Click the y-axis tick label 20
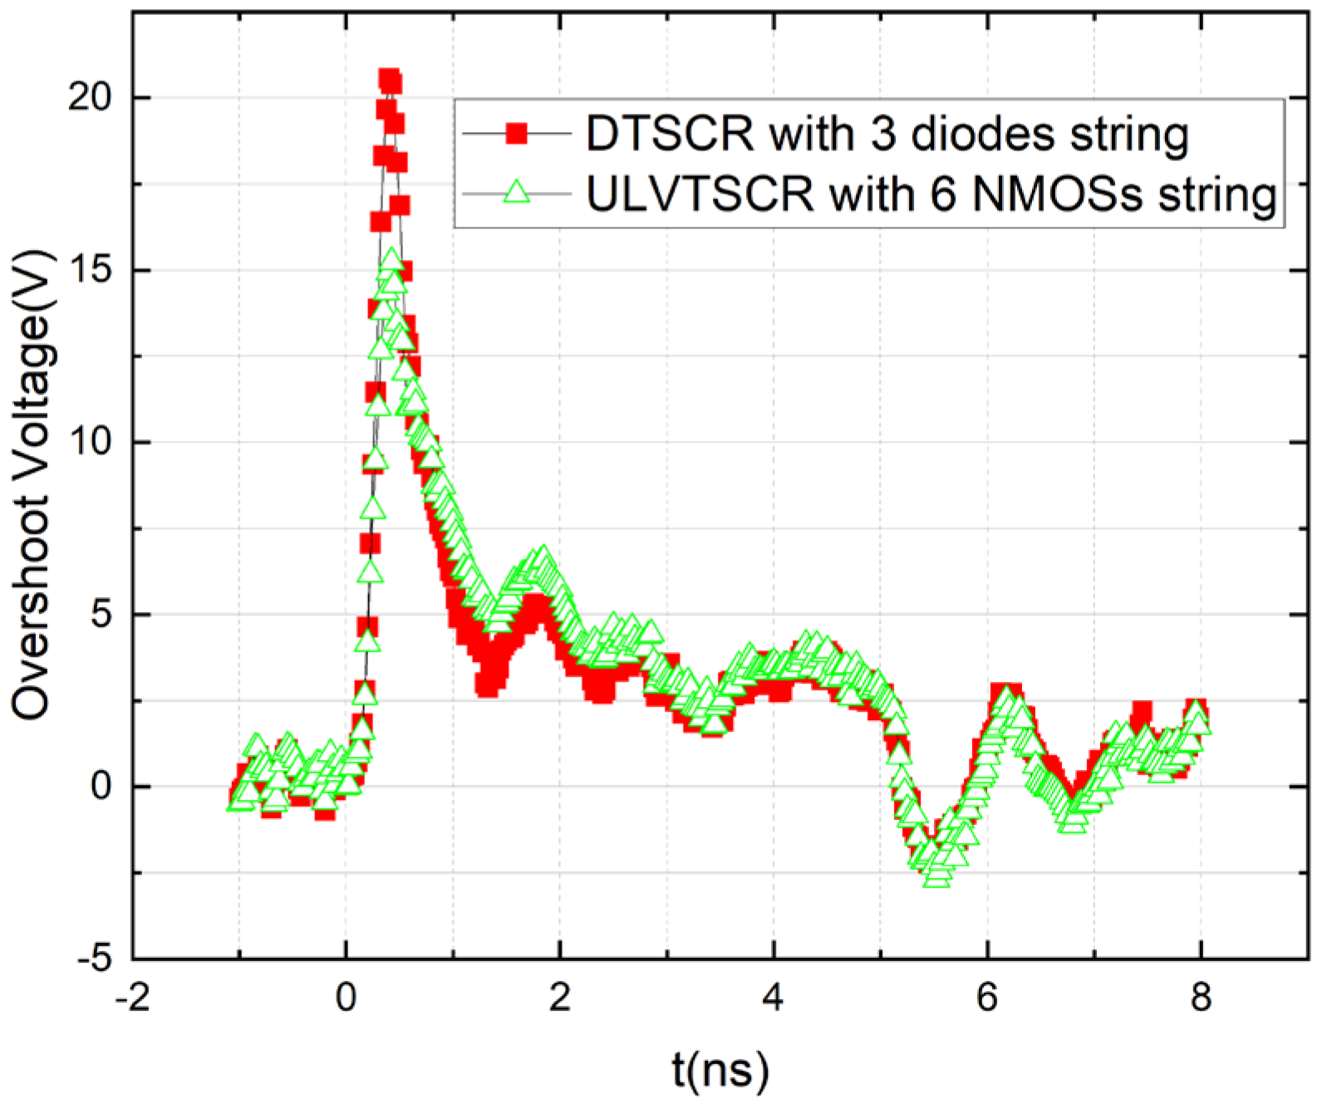[x=89, y=98]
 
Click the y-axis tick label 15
[x=89, y=271]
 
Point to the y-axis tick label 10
[x=89, y=443]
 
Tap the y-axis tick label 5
[x=100, y=615]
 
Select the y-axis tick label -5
[x=94, y=959]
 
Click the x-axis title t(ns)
[x=720, y=1071]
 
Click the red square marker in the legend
[x=517, y=133]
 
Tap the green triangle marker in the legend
[x=517, y=194]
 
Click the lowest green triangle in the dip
[x=936, y=877]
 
